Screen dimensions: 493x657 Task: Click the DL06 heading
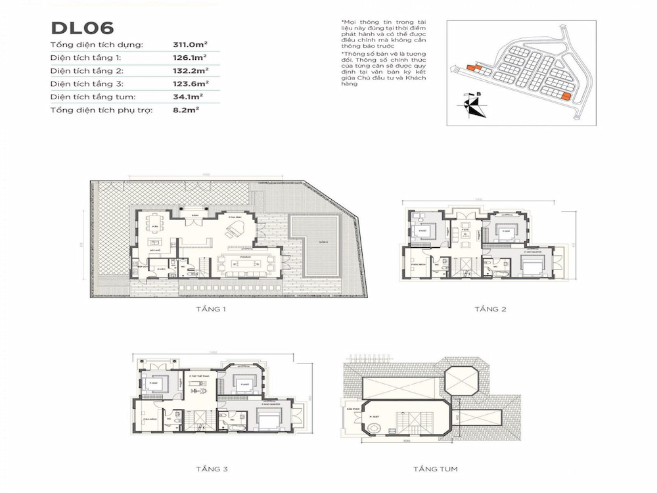[x=82, y=28]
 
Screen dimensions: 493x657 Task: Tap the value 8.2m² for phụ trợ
[x=186, y=110]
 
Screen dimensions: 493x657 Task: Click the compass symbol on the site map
[x=472, y=106]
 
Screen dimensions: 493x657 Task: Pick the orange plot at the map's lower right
[x=564, y=97]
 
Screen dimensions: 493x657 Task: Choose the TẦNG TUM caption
[x=435, y=469]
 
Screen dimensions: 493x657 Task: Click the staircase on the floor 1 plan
[x=202, y=266]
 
